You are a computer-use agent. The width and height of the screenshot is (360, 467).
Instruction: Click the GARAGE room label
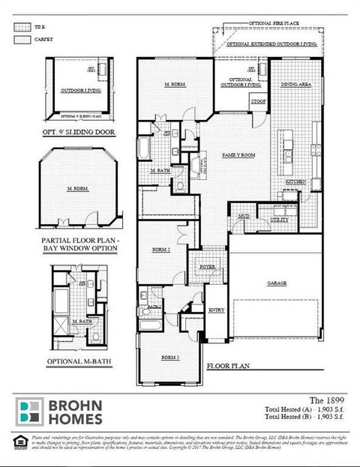277,284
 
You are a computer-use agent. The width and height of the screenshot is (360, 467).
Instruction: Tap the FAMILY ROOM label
238,154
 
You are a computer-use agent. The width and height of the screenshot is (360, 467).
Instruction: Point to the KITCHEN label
295,182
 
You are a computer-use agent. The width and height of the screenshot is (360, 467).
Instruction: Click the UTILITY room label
278,220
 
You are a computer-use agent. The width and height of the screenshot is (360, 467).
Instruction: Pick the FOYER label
208,266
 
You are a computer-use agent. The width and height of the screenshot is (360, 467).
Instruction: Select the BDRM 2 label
160,248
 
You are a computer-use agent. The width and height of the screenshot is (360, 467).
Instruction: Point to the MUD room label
244,216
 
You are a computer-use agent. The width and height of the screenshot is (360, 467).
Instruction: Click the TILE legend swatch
21,26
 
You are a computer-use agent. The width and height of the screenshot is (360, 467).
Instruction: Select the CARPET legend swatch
21,38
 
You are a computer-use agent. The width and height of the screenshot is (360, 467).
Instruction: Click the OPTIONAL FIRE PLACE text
274,24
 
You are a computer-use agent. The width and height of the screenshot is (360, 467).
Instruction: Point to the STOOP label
259,100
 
